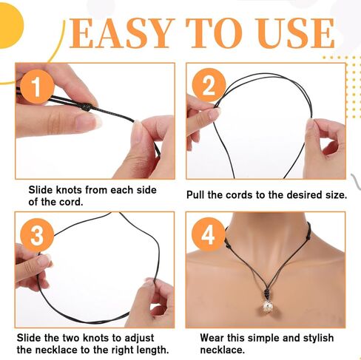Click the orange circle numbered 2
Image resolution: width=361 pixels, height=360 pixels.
click(x=209, y=86)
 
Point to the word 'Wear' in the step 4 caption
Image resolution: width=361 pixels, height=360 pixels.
click(x=212, y=336)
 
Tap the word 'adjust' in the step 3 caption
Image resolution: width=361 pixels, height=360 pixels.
click(x=151, y=336)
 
